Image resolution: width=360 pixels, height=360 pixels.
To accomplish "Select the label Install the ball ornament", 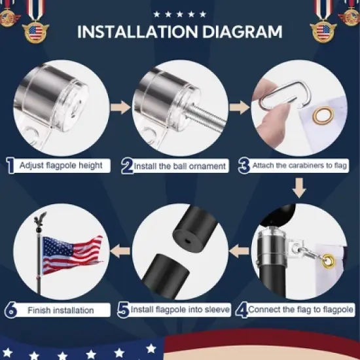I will click(x=180, y=166).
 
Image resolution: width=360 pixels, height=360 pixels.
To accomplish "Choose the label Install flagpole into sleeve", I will click(x=179, y=309).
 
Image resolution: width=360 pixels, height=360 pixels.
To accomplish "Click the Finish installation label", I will click(x=60, y=310).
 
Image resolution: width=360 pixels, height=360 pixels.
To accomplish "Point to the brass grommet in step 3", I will click(x=321, y=117).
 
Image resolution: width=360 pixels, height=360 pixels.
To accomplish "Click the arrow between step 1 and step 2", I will click(x=119, y=106).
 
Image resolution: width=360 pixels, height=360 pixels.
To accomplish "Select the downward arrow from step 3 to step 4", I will click(x=300, y=190).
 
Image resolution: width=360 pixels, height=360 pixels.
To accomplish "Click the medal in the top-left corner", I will click(x=33, y=30).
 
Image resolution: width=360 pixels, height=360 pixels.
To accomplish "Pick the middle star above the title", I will click(x=179, y=13).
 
